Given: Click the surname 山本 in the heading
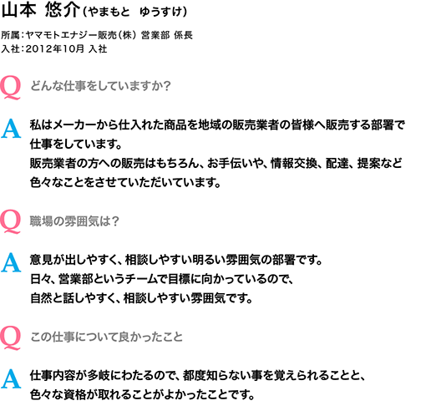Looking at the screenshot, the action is point(19,11).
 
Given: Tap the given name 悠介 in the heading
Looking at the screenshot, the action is point(63,11).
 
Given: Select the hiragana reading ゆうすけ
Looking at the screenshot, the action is point(161,12).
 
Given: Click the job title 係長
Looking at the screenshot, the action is point(183,35).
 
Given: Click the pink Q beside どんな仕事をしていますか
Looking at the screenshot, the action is point(10,88).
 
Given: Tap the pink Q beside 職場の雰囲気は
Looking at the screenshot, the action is point(10,221).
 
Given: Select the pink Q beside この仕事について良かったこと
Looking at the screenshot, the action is point(10,337).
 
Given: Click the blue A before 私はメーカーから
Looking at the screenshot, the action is point(11,129).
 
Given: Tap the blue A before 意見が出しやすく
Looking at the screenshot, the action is point(11,262).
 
